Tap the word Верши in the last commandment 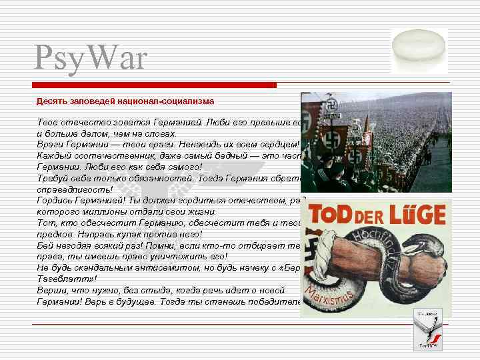[50, 290]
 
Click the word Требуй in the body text [53, 178]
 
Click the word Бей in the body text [44, 245]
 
